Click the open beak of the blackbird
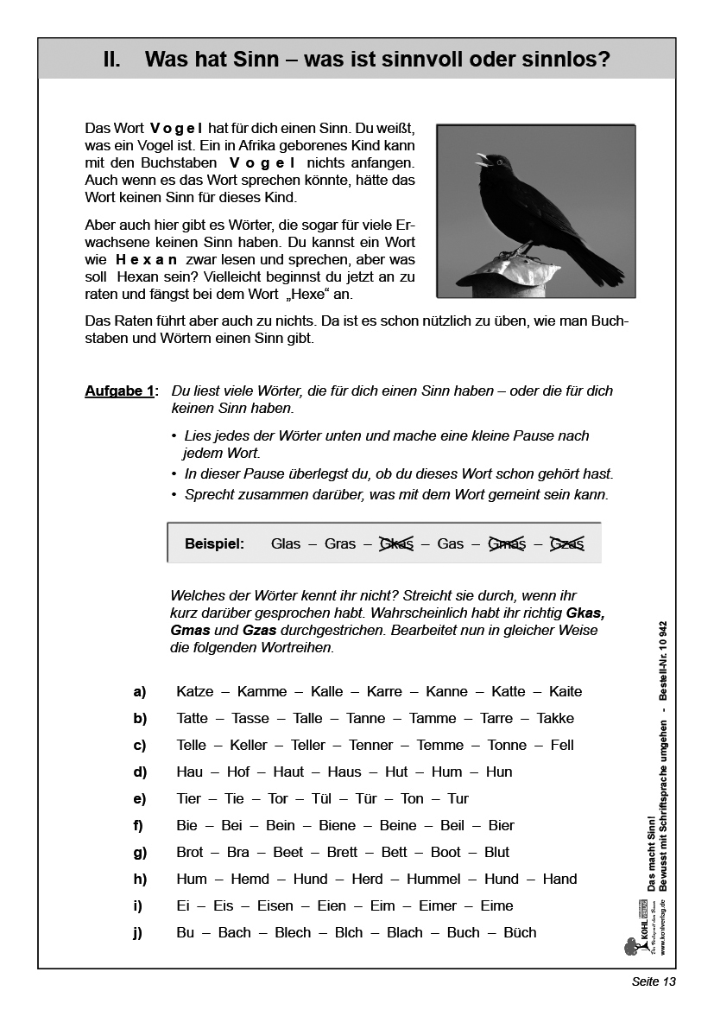pyautogui.click(x=482, y=159)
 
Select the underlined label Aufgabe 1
pyautogui.click(x=120, y=391)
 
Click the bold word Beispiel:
pyautogui.click(x=214, y=543)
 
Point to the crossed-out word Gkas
pyautogui.click(x=396, y=543)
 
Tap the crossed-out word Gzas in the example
pyautogui.click(x=567, y=543)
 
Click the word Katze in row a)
pyautogui.click(x=194, y=691)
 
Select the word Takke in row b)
pyautogui.click(x=555, y=718)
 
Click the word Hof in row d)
pyautogui.click(x=238, y=772)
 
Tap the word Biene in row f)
pyautogui.click(x=337, y=825)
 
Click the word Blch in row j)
pyautogui.click(x=349, y=932)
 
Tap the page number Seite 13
pyautogui.click(x=654, y=982)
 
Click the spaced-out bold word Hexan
pyautogui.click(x=147, y=259)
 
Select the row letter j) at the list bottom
pyautogui.click(x=138, y=932)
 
